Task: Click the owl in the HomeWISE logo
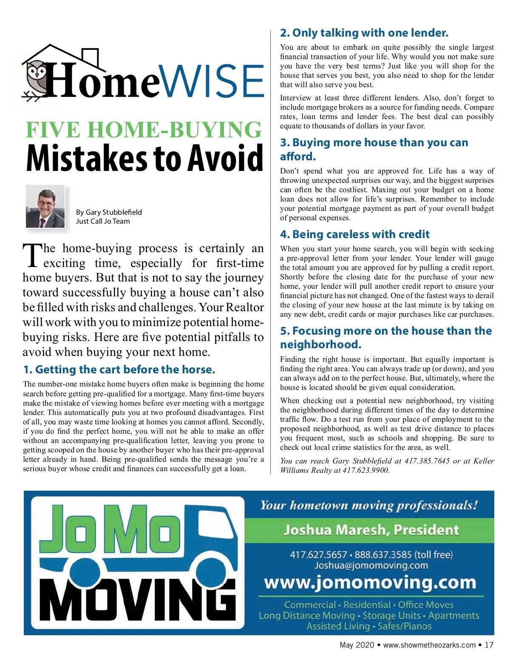click(x=37, y=77)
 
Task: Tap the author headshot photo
click(x=45, y=207)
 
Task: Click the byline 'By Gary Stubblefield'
click(x=109, y=212)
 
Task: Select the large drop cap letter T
click(x=32, y=256)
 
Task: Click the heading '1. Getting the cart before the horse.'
click(x=119, y=369)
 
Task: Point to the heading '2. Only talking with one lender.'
click(x=364, y=33)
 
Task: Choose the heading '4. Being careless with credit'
click(x=354, y=234)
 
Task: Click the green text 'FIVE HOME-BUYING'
click(x=144, y=130)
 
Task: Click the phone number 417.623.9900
click(x=366, y=470)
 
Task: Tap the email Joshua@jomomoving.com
click(x=371, y=566)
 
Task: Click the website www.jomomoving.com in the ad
click(x=370, y=583)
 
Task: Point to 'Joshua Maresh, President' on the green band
click(x=371, y=530)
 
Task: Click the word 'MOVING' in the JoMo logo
click(x=140, y=600)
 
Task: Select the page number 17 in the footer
click(x=489, y=645)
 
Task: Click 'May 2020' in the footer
click(x=357, y=645)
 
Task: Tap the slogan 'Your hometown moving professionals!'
click(x=369, y=506)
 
